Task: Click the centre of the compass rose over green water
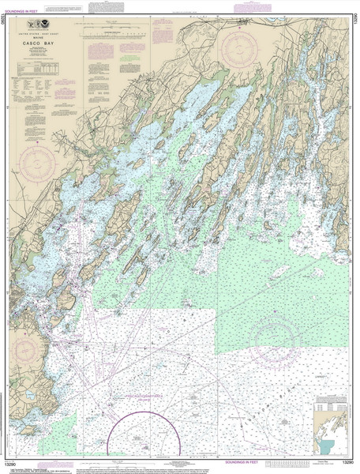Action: pyautogui.click(x=274, y=340)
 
